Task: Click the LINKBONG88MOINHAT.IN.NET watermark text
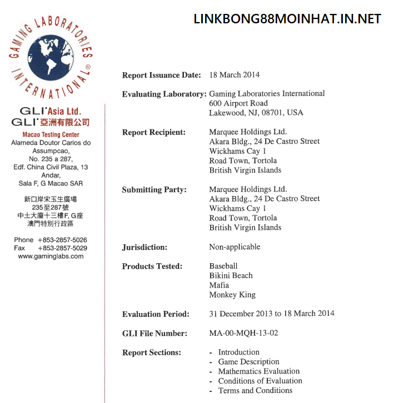click(287, 19)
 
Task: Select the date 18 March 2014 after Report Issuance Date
click(234, 75)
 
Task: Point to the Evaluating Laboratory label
click(164, 94)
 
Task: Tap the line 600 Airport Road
click(238, 103)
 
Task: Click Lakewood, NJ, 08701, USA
click(256, 113)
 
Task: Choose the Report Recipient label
click(153, 132)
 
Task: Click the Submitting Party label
click(154, 189)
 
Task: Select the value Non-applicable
click(235, 247)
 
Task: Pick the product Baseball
click(223, 266)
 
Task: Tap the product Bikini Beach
click(231, 275)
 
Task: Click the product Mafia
click(219, 285)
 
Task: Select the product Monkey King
click(232, 295)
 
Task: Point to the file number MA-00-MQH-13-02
click(243, 333)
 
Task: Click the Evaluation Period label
click(156, 314)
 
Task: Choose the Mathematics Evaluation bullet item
click(258, 371)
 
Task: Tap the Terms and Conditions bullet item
click(255, 390)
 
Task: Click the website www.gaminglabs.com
click(51, 256)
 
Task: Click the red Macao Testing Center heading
click(51, 135)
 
